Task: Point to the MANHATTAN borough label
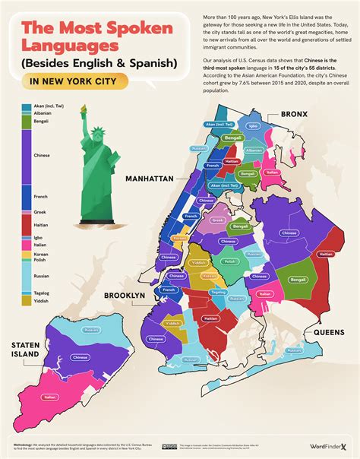tap(150, 179)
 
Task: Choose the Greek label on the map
tap(217, 220)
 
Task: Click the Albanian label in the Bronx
tap(254, 150)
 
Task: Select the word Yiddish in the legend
tap(41, 301)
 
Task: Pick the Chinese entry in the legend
tap(42, 155)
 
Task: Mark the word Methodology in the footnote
tap(27, 439)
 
